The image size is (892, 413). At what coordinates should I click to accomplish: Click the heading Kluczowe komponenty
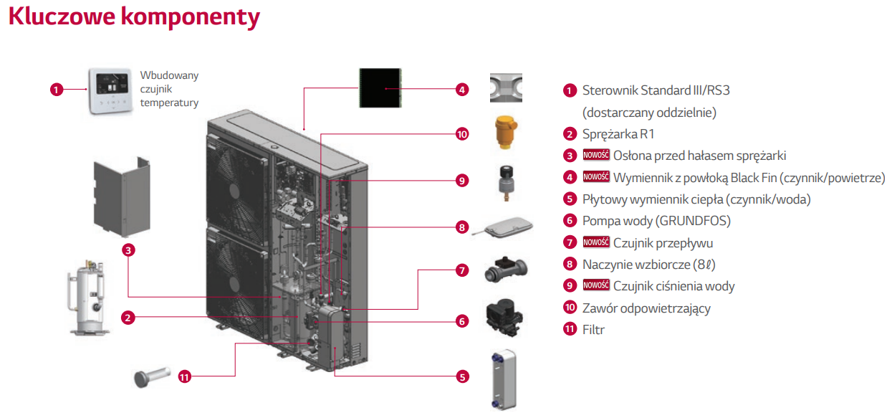pyautogui.click(x=134, y=17)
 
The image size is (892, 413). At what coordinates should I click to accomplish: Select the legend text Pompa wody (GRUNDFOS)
pyautogui.click(x=656, y=221)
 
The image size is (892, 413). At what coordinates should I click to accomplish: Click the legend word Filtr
pyautogui.click(x=593, y=331)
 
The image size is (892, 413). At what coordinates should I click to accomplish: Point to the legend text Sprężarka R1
pyautogui.click(x=618, y=134)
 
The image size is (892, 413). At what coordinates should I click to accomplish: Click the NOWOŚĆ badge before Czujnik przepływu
pyautogui.click(x=596, y=243)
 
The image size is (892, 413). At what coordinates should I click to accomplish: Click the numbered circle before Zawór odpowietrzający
pyautogui.click(x=570, y=308)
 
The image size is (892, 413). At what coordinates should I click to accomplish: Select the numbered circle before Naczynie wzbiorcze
pyautogui.click(x=570, y=265)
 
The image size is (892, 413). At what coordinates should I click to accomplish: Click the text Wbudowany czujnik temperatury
pyautogui.click(x=169, y=89)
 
